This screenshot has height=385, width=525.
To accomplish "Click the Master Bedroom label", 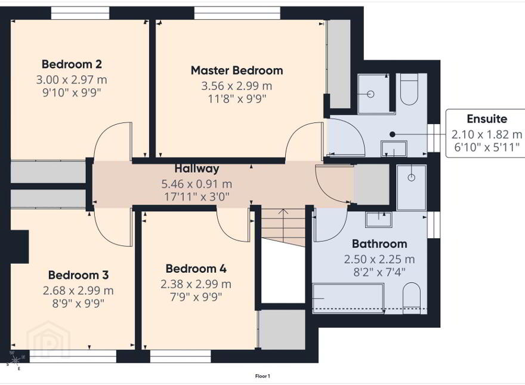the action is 237,70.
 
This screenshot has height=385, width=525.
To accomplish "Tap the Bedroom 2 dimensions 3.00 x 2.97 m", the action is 72,80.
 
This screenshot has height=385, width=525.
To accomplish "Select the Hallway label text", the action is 197,168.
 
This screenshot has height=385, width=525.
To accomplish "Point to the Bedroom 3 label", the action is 78,275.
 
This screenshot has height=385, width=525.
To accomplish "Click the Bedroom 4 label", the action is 196,269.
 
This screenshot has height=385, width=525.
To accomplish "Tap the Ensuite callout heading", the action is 487,119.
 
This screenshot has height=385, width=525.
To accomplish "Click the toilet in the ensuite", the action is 409,89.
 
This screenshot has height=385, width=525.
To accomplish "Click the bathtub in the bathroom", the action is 348,298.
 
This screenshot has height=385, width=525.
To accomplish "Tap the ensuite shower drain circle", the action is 370,94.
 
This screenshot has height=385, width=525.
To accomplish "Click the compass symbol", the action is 16,360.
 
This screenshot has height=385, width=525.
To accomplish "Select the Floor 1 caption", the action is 262,376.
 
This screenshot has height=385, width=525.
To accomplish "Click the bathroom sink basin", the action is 379,220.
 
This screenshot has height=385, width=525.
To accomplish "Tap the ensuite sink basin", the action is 394,149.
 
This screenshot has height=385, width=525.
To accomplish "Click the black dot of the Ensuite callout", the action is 393,134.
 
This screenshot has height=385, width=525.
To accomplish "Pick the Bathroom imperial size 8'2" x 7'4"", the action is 379,272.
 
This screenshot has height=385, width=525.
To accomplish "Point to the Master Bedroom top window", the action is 237,13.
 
